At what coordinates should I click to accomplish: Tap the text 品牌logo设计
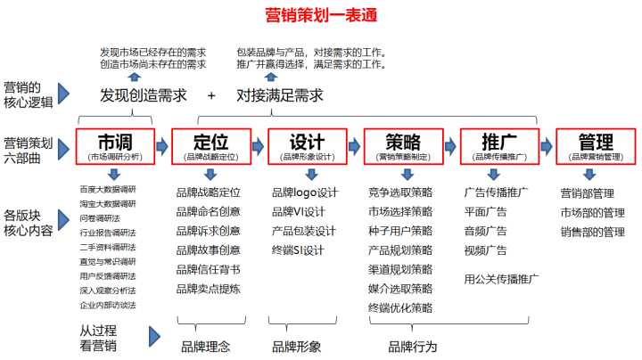click(305, 192)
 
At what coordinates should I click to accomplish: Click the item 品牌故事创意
click(208, 250)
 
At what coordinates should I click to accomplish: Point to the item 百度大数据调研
click(107, 189)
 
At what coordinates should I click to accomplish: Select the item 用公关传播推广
click(501, 279)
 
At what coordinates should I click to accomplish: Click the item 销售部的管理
click(592, 231)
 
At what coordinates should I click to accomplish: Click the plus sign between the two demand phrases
click(211, 95)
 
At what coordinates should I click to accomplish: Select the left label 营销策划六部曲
click(28, 148)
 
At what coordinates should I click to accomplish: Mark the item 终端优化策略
click(399, 307)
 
